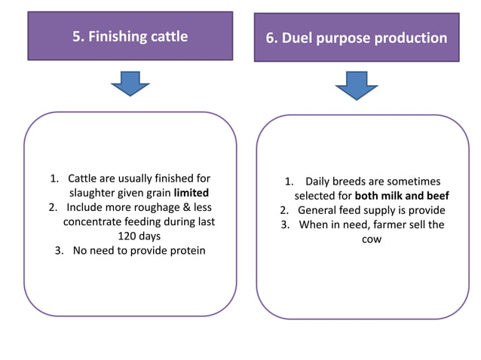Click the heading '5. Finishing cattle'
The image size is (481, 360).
click(x=130, y=36)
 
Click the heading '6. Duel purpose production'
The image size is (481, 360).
click(x=357, y=38)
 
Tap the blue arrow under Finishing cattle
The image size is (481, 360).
click(x=130, y=84)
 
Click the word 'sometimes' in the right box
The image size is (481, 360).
click(x=415, y=182)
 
